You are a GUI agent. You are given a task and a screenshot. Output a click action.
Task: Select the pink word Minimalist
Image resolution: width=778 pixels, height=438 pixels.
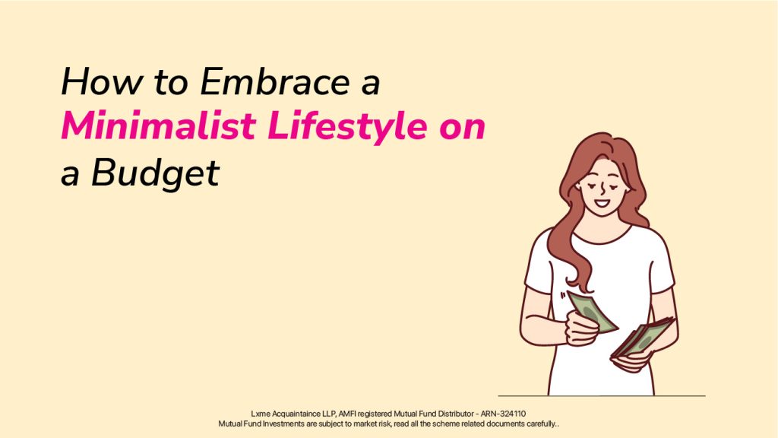pyautogui.click(x=158, y=125)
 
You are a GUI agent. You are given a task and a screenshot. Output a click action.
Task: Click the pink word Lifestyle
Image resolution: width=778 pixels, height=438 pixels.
pyautogui.click(x=346, y=127)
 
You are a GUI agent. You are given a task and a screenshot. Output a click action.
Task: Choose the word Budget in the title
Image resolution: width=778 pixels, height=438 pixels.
pyautogui.click(x=155, y=174)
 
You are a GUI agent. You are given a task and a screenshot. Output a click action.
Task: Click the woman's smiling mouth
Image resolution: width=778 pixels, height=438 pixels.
pyautogui.click(x=602, y=204)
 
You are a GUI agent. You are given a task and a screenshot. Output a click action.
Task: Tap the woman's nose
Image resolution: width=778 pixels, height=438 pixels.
pyautogui.click(x=602, y=189)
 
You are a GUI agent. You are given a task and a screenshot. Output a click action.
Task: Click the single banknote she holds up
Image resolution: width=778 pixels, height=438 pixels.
pyautogui.click(x=592, y=311)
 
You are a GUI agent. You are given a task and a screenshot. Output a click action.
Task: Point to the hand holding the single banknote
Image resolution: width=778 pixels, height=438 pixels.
pyautogui.click(x=581, y=328)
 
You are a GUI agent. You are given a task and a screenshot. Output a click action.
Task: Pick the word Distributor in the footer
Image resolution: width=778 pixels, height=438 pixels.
pyautogui.click(x=456, y=414)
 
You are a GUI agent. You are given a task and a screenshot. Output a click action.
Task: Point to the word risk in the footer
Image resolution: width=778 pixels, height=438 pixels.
pyautogui.click(x=384, y=424)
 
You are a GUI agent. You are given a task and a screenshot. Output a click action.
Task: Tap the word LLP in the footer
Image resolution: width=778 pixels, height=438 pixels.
pyautogui.click(x=329, y=414)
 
